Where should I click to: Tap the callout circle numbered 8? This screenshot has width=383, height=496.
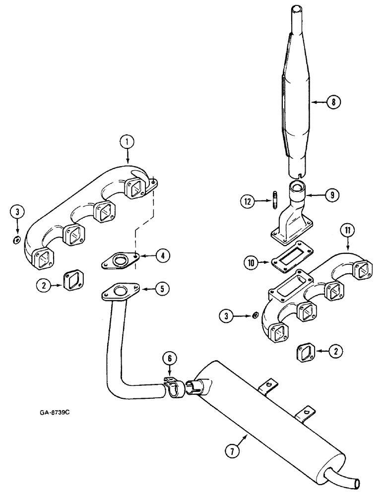[x=333, y=103]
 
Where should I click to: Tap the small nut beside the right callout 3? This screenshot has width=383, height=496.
[x=255, y=314]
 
